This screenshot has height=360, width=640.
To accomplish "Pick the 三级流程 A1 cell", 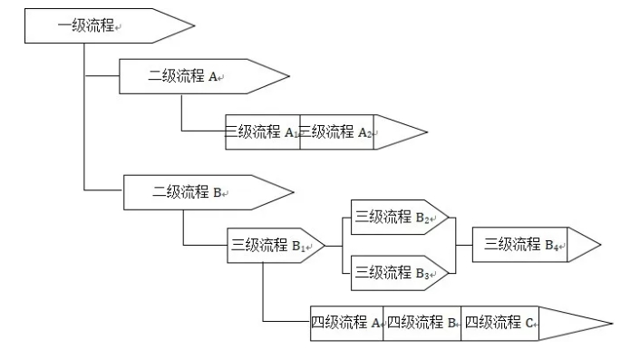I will tap(263, 132).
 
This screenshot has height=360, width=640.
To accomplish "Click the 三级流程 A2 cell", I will tap(335, 132).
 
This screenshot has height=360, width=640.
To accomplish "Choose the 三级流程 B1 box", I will tap(268, 245).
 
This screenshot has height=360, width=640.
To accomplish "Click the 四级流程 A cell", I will tap(347, 323).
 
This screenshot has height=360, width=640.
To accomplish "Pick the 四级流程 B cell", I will tap(422, 323).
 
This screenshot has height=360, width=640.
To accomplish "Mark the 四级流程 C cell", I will tap(499, 323).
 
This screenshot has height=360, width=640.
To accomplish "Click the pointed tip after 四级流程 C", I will tap(589, 323).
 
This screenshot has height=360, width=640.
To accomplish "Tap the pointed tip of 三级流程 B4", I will tap(587, 245).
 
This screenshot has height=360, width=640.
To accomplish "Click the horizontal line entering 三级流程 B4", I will tap(462, 245).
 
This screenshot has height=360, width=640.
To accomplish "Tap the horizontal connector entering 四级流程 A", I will tap(286, 322).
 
